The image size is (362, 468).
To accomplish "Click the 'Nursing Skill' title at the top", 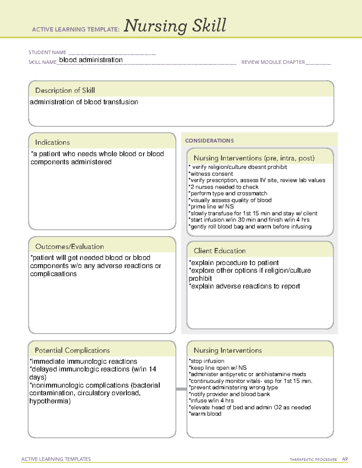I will pyautogui.click(x=175, y=26).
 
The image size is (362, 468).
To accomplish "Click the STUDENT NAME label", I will pyautogui.click(x=47, y=52).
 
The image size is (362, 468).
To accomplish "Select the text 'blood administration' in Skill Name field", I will pyautogui.click(x=91, y=60).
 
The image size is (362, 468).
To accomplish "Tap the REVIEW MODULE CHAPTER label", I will pyautogui.click(x=273, y=62).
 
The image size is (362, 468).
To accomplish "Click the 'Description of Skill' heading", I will pyautogui.click(x=65, y=90).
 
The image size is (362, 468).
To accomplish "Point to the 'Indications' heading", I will pyautogui.click(x=52, y=142).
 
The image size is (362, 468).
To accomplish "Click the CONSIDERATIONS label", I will pyautogui.click(x=209, y=141).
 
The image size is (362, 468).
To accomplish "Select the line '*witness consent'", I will pyautogui.click(x=211, y=174).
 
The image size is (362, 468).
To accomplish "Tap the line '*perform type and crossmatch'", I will pyautogui.click(x=228, y=193).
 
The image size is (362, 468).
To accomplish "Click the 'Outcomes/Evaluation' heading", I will pyautogui.click(x=69, y=247).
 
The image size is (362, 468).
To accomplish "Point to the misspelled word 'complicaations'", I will pyautogui.click(x=53, y=274).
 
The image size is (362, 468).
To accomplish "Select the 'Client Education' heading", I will pyautogui.click(x=220, y=251).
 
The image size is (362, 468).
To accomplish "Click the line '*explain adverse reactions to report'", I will pyautogui.click(x=244, y=286).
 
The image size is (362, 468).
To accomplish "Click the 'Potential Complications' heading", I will pyautogui.click(x=72, y=350).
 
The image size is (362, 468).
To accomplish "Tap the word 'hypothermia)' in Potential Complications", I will pyautogui.click(x=50, y=401).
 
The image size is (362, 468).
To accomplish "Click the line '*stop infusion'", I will pyautogui.click(x=207, y=361).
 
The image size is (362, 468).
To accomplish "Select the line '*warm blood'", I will pyautogui.click(x=205, y=414).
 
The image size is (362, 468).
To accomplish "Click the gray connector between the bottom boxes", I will pyautogui.click(x=181, y=389).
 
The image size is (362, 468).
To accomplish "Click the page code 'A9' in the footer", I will pyautogui.click(x=345, y=459).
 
